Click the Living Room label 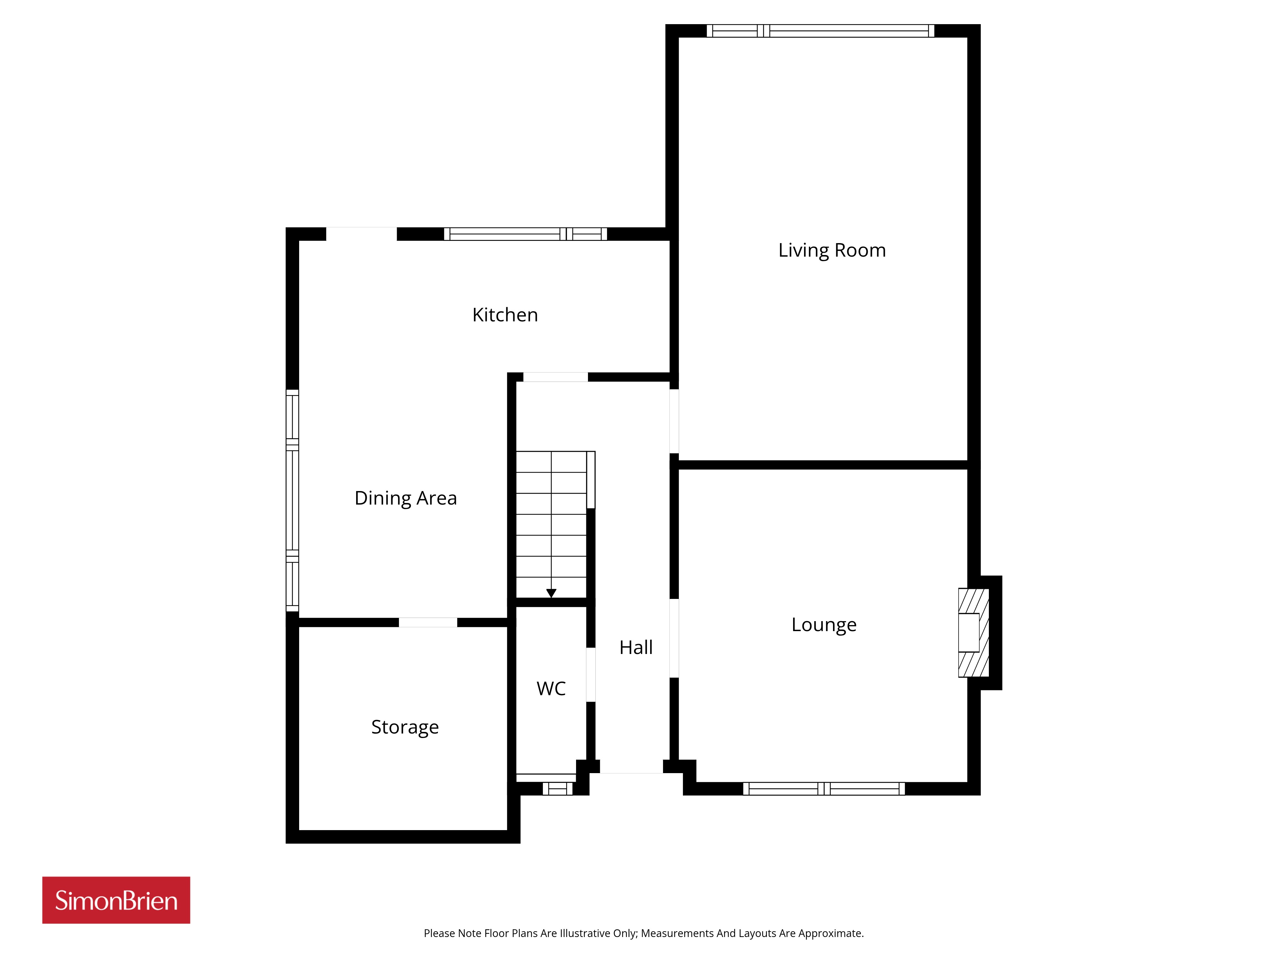[x=832, y=251]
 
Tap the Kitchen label [x=505, y=315]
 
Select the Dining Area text [x=406, y=498]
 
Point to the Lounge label [x=824, y=625]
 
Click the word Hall [x=636, y=648]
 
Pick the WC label [x=551, y=689]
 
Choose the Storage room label [x=405, y=728]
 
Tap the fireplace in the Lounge [x=974, y=633]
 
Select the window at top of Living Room [x=820, y=31]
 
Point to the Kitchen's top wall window [x=525, y=234]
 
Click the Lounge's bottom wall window [x=824, y=789]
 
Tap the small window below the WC [x=558, y=789]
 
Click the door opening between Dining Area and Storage [x=428, y=622]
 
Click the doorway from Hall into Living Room [x=674, y=421]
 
